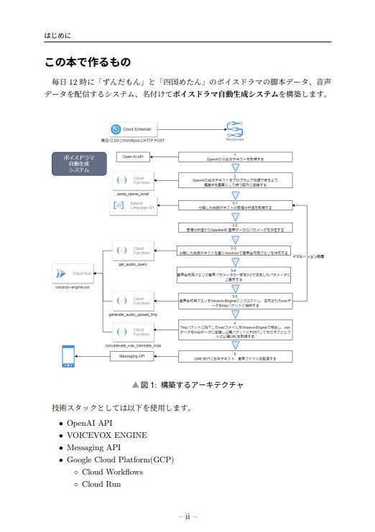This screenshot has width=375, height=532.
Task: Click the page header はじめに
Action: coord(57,35)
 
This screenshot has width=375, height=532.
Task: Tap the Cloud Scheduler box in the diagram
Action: coord(133,129)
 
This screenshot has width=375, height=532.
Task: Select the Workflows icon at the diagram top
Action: coord(234,129)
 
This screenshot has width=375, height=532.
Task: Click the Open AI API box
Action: coord(133,156)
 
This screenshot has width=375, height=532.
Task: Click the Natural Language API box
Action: coord(133,206)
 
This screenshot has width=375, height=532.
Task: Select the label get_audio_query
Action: coord(132,264)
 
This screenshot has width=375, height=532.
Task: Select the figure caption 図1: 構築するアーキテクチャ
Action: coord(187,385)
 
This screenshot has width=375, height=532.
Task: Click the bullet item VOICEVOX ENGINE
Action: coord(107,435)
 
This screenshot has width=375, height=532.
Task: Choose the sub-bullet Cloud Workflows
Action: coord(112,472)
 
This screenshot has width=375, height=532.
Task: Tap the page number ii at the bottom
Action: coord(187,516)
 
